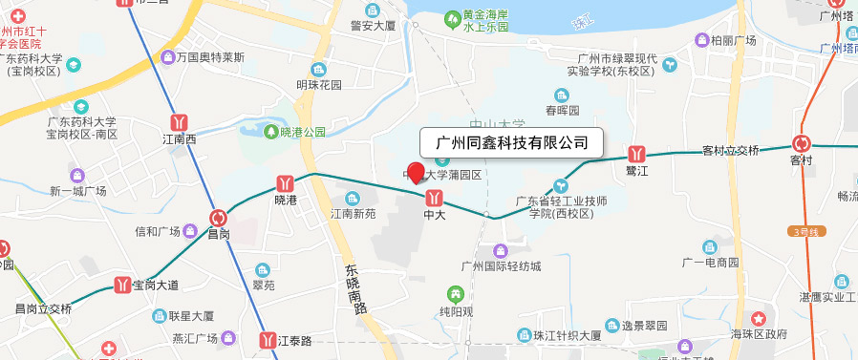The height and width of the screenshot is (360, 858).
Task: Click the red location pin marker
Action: click(416, 174)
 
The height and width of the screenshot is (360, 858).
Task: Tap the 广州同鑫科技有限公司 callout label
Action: click(511, 142)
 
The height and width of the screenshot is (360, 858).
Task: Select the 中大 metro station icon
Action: click(435, 197)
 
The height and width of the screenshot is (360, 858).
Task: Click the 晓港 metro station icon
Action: click(285, 181)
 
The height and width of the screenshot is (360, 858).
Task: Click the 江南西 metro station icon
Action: click(179, 122)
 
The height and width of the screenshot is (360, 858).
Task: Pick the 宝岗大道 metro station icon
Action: click(121, 285)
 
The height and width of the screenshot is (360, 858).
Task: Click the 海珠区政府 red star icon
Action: click(760, 316)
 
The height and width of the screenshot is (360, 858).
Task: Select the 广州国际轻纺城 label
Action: click(501, 265)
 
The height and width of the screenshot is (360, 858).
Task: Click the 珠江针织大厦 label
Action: click(567, 335)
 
